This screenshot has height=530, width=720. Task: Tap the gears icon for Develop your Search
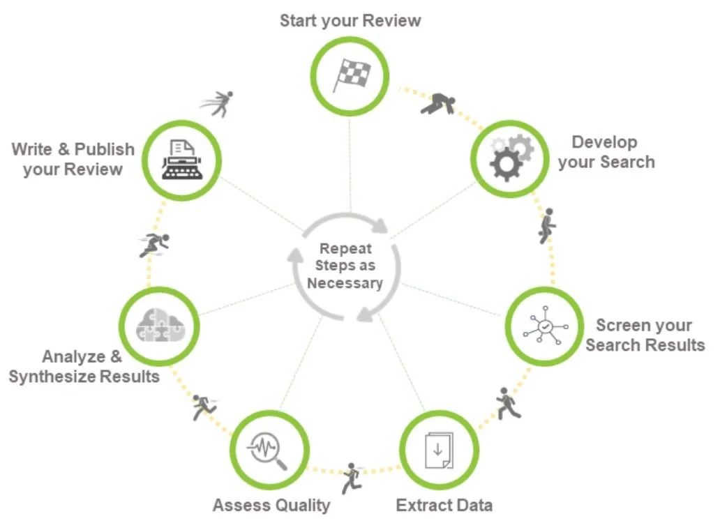coord(511,158)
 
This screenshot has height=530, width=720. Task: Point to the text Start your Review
coord(350,21)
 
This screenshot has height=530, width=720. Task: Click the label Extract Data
coord(444,505)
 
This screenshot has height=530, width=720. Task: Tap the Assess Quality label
coord(271,505)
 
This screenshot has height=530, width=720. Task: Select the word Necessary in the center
coord(345,283)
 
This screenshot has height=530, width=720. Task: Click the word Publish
coord(105,149)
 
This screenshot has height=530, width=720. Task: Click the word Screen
coord(624,326)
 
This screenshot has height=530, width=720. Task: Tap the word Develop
coord(604,142)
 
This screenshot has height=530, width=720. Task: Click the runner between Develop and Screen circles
coord(548,225)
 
